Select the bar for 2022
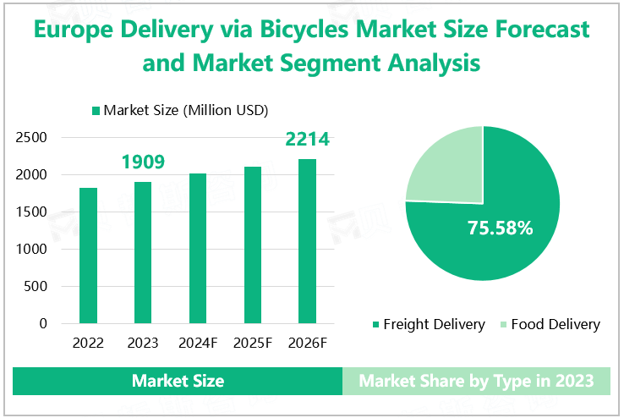[x=88, y=256]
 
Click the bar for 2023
[x=143, y=252]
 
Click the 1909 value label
[x=142, y=162]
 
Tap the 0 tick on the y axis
[x=43, y=324]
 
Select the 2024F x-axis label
[x=198, y=344]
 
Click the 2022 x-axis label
[x=88, y=344]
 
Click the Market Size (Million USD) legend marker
[x=96, y=110]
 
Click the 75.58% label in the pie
[x=501, y=228]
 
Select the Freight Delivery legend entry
[x=428, y=324]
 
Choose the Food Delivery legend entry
[x=550, y=324]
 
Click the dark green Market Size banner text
[x=178, y=381]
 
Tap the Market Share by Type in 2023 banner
[x=475, y=381]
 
